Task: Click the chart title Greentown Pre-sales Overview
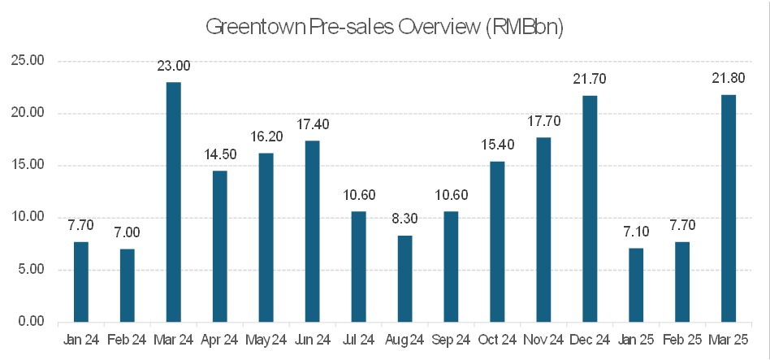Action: pos(384,27)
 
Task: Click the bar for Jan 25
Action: pos(636,284)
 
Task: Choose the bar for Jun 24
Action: pos(312,231)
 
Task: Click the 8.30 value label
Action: pos(404,219)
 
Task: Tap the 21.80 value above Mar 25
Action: pos(729,80)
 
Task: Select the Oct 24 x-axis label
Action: pos(497,340)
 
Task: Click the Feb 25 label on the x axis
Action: pos(682,340)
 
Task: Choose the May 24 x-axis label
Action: pos(266,340)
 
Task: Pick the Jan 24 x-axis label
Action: pos(80,340)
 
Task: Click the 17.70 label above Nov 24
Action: pos(543,122)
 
